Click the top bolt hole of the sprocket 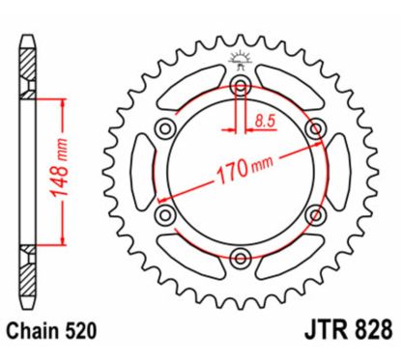(241, 87)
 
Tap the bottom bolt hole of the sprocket (241, 256)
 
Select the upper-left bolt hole (166, 128)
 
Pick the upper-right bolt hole (314, 128)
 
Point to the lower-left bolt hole (166, 213)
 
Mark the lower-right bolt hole (314, 213)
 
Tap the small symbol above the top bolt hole (241, 64)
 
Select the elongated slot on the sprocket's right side (340, 171)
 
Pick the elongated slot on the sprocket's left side (140, 171)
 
